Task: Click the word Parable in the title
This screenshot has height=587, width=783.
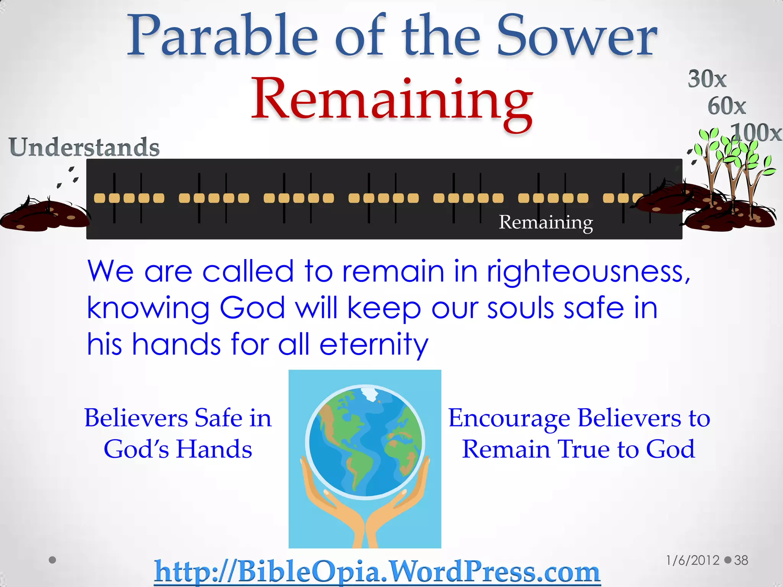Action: (x=222, y=36)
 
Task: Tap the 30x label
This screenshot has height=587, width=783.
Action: (x=707, y=79)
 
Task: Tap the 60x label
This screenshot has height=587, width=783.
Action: (x=726, y=106)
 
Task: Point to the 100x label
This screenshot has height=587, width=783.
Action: (x=756, y=133)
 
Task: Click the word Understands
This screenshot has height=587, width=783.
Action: (x=84, y=147)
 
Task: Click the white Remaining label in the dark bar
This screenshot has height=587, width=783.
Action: (x=546, y=222)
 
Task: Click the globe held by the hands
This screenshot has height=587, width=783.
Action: (x=365, y=441)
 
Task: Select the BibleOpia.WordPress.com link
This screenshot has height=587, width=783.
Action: (x=377, y=571)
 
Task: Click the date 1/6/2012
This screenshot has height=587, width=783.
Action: (x=693, y=560)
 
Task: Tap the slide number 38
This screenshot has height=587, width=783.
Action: (x=741, y=560)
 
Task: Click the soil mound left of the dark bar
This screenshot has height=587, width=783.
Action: (x=44, y=216)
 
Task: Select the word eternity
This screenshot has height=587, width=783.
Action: (x=374, y=344)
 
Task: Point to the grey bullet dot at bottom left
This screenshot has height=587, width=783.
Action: (x=53, y=560)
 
